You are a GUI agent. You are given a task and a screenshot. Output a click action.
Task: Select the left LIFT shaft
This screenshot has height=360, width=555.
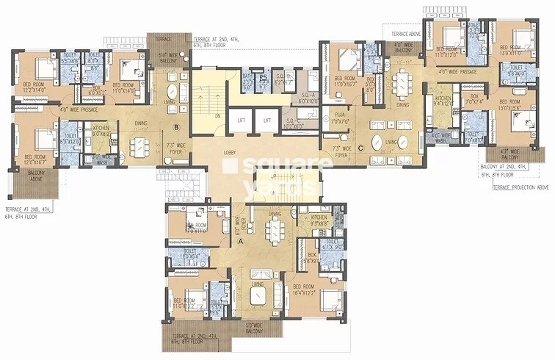[241, 120]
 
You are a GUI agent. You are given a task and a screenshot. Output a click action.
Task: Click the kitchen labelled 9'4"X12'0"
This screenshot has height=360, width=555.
[443, 101]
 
